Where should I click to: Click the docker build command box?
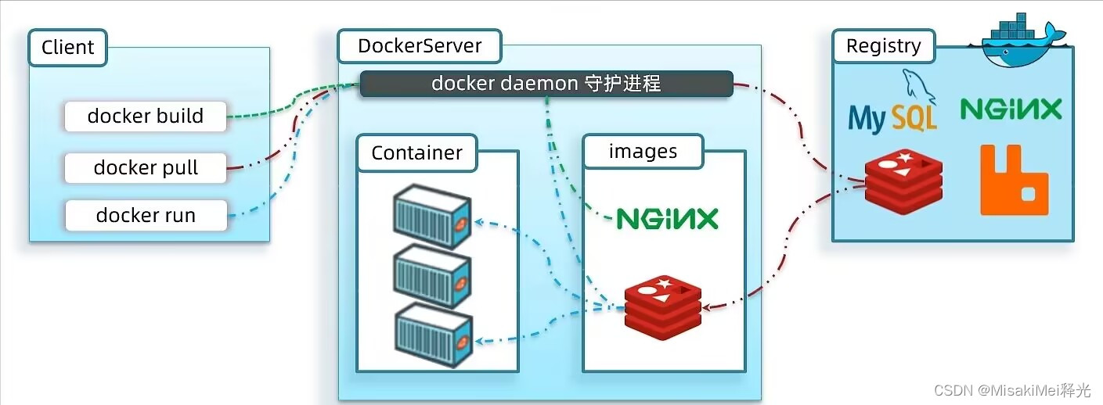click(146, 116)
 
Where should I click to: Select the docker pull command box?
click(146, 168)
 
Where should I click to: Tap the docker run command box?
click(146, 216)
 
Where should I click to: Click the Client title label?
click(68, 47)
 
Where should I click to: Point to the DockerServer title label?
click(420, 46)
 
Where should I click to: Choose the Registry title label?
click(883, 47)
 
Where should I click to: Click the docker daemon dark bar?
click(546, 84)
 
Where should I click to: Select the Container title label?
click(416, 153)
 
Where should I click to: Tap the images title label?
click(643, 152)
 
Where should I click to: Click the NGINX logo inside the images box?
click(667, 218)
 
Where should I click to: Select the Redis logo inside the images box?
click(663, 306)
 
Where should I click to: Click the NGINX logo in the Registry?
click(1011, 109)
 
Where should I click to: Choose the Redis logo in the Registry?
click(903, 181)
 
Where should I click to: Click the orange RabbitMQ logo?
click(1014, 180)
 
